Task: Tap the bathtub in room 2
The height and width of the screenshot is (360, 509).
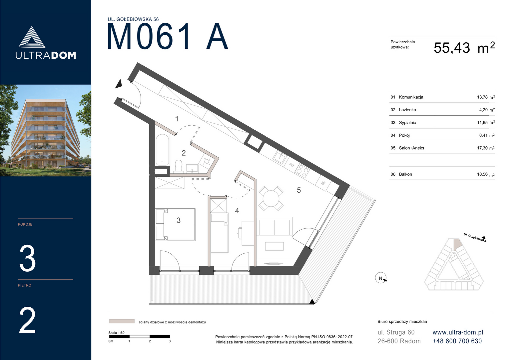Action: click(x=163, y=149)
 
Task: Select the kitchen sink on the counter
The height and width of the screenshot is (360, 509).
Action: click(x=280, y=157)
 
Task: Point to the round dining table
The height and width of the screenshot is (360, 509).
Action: click(x=271, y=199)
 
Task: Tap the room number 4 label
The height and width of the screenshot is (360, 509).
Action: click(x=237, y=211)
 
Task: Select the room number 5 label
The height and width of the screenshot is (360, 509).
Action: click(x=299, y=190)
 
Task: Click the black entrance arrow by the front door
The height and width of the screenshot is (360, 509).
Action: click(x=119, y=84)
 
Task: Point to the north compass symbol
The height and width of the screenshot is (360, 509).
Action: click(x=381, y=278)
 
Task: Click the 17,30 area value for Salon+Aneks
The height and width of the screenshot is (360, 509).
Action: click(x=482, y=148)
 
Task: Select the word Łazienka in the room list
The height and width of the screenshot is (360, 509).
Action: click(x=407, y=110)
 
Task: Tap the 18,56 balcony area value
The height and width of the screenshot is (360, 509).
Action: click(x=482, y=174)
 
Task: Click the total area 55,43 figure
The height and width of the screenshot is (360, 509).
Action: click(x=452, y=48)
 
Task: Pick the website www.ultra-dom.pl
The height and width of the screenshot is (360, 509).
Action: click(x=458, y=332)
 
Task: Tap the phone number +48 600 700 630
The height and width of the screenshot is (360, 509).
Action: click(x=457, y=341)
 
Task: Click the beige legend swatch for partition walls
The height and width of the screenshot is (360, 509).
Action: click(x=122, y=321)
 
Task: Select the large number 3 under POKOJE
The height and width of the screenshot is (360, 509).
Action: click(x=28, y=258)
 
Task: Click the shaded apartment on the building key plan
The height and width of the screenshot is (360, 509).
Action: click(x=457, y=244)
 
